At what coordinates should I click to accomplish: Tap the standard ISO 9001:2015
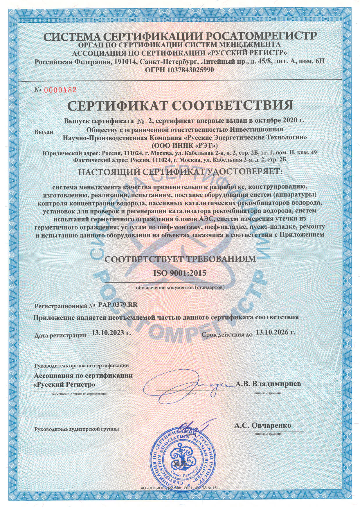point(179,273)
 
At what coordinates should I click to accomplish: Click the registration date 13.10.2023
point(111,333)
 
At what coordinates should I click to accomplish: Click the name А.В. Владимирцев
point(268,384)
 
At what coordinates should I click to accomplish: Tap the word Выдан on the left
point(44,132)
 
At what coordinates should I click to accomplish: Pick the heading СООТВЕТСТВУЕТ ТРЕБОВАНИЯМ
point(180,259)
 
